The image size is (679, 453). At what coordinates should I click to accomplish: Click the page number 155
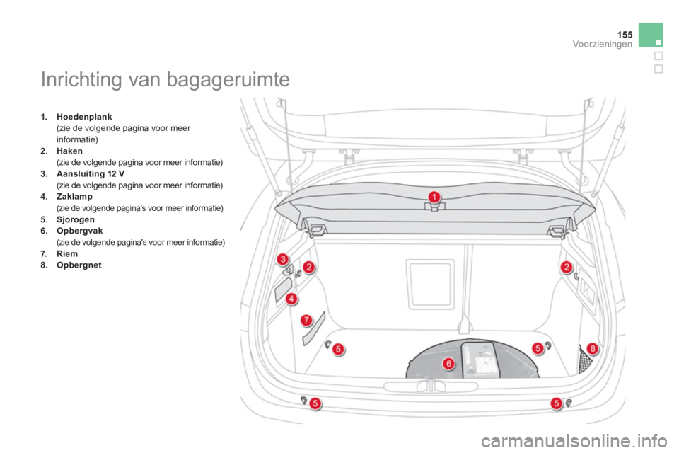click(625, 34)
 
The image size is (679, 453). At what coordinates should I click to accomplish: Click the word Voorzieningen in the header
click(603, 44)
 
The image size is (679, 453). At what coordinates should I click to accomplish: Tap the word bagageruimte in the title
click(228, 80)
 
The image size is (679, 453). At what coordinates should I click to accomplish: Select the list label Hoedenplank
click(84, 117)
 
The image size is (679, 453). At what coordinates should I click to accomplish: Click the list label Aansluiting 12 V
click(91, 174)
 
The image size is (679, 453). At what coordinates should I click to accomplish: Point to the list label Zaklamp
click(74, 197)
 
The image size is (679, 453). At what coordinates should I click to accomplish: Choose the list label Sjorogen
click(76, 220)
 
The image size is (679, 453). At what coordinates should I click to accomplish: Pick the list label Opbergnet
click(79, 265)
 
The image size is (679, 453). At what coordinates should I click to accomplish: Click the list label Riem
click(67, 253)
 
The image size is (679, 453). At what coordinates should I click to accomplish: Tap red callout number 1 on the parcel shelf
click(434, 197)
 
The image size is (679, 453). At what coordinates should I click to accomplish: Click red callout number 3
click(283, 259)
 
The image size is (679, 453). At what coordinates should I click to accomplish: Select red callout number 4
click(291, 299)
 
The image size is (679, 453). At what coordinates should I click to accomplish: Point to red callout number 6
click(448, 363)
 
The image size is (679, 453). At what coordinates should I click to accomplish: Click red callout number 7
click(306, 321)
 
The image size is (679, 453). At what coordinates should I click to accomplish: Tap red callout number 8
click(593, 348)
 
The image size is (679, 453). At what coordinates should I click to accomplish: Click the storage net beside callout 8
click(585, 359)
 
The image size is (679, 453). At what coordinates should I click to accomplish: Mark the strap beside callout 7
click(314, 328)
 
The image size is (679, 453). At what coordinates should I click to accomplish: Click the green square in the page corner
click(651, 35)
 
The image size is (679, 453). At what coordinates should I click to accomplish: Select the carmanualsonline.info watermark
click(574, 441)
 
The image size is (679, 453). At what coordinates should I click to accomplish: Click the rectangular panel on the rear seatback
click(431, 284)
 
